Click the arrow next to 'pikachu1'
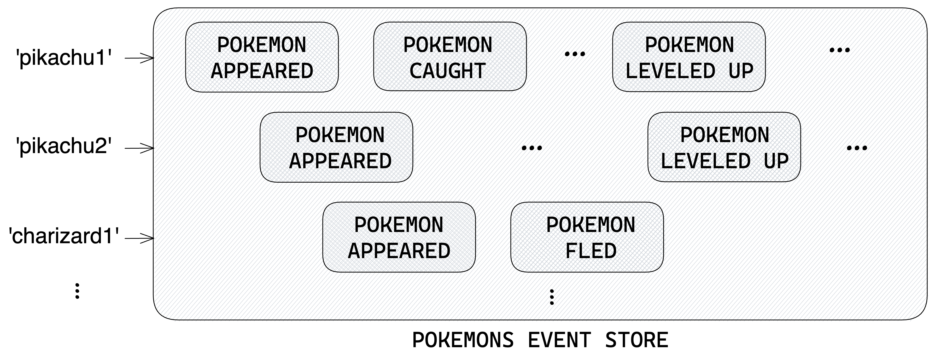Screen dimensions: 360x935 click(139, 58)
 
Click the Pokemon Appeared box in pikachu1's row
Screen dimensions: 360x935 click(262, 57)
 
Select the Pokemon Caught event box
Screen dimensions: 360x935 click(450, 57)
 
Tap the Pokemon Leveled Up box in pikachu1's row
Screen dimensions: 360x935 click(689, 57)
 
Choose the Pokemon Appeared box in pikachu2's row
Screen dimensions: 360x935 click(336, 147)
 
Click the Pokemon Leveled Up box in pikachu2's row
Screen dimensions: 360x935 click(724, 147)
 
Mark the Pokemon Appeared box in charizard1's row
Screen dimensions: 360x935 click(399, 237)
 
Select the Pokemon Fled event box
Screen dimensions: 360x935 click(587, 237)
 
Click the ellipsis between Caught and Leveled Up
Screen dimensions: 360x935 click(575, 54)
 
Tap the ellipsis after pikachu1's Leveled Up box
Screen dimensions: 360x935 click(839, 50)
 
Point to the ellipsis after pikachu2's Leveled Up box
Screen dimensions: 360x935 click(857, 148)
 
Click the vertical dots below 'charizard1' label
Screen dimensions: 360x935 click(77, 291)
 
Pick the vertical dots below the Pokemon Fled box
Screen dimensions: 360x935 click(552, 297)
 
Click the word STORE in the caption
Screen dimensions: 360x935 click(637, 340)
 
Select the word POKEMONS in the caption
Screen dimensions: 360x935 click(463, 340)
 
